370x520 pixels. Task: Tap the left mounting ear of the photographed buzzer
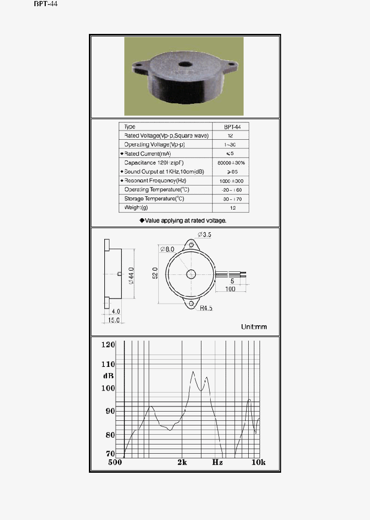coord(139,67)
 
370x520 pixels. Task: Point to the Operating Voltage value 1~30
coord(230,145)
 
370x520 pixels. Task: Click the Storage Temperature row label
coord(154,198)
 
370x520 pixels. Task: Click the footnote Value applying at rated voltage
coord(183,220)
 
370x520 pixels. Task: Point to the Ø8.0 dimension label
coord(168,249)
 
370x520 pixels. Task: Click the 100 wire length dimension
coord(230,289)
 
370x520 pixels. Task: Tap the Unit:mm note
coord(254,327)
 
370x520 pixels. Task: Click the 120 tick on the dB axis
coord(108,345)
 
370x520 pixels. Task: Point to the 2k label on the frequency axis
coord(182,462)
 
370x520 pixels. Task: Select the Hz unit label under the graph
coord(217,462)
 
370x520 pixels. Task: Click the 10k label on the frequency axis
coord(258,462)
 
